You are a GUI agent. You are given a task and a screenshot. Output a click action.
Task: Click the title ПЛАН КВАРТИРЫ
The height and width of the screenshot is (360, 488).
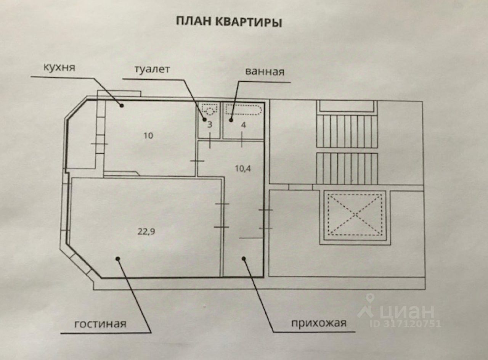click(x=229, y=22)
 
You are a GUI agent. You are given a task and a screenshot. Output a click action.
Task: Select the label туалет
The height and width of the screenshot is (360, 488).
click(x=152, y=69)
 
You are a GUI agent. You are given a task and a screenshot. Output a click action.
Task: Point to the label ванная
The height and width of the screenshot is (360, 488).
click(x=265, y=71)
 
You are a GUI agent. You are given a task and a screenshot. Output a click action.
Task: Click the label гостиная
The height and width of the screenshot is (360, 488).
click(x=100, y=324)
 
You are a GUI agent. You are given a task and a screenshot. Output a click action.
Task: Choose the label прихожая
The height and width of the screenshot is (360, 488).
click(x=319, y=323)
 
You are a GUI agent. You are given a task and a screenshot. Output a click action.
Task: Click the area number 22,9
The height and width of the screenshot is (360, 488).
click(x=146, y=231)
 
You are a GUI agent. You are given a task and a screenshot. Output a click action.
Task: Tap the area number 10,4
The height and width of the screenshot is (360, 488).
click(x=243, y=168)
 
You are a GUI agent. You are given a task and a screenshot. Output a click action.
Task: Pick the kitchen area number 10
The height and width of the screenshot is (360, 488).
click(x=148, y=135)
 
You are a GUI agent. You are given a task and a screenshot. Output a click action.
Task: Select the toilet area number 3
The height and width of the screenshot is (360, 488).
click(x=210, y=125)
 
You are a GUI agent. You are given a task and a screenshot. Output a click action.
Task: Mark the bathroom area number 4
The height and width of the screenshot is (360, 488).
click(x=244, y=125)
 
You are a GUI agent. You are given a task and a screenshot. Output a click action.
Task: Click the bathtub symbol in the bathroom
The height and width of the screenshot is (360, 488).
click(x=243, y=109)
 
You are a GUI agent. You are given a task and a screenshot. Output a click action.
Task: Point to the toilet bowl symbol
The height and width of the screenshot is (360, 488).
click(x=210, y=109)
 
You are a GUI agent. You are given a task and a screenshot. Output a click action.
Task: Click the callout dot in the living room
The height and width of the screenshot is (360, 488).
click(x=118, y=259)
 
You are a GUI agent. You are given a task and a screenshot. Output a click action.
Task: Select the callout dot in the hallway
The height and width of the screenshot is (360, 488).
click(x=244, y=259)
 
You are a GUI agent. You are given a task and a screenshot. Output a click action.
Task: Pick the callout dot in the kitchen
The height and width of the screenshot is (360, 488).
click(x=122, y=106)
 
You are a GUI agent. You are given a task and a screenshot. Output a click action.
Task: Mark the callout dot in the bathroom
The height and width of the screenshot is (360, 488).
click(x=231, y=120)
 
